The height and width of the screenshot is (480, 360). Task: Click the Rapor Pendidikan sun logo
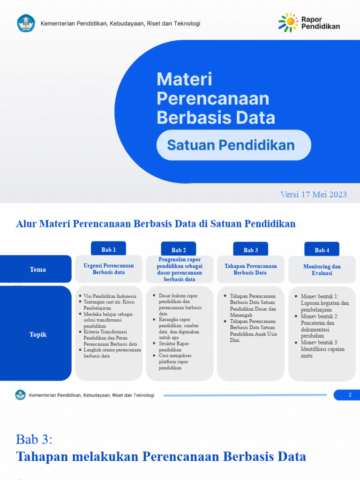[288, 22]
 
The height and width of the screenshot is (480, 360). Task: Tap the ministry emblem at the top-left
[26, 23]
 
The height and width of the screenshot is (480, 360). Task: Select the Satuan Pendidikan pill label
[233, 145]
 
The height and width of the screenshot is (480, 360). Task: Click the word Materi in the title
[184, 79]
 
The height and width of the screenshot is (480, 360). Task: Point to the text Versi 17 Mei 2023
[314, 195]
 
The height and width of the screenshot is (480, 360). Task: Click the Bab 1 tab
[108, 249]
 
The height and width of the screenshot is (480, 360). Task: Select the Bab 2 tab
[179, 250]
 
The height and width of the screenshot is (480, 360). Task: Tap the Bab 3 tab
[251, 250]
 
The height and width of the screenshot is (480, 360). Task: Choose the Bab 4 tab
[322, 250]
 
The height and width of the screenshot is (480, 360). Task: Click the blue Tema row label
[37, 270]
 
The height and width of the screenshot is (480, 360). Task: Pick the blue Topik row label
[37, 334]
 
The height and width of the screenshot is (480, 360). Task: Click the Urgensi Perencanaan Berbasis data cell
[108, 269]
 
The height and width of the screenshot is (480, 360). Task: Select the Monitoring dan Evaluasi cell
[322, 270]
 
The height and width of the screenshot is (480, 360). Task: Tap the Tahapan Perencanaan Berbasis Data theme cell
[250, 269]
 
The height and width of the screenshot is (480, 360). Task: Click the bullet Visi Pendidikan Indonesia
[110, 296]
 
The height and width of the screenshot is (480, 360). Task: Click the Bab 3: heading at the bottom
[35, 439]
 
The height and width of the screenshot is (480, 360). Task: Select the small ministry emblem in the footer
[20, 395]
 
